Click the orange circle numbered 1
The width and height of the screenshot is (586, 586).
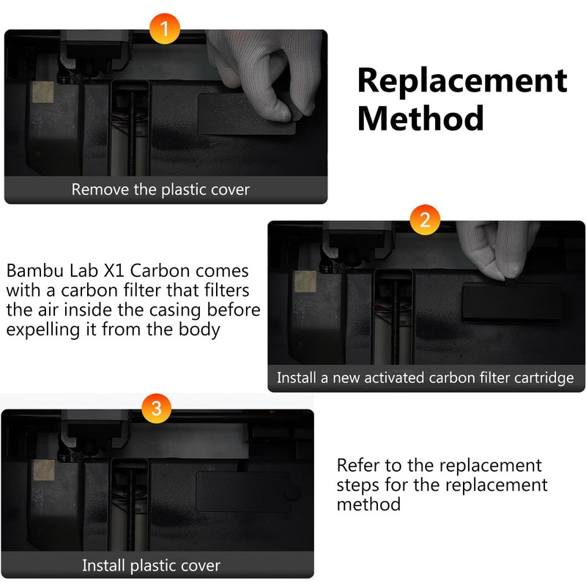click(x=164, y=29)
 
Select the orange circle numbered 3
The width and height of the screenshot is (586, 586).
click(x=155, y=408)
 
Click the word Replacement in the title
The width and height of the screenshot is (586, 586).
click(x=462, y=80)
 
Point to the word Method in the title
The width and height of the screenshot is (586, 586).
click(x=420, y=117)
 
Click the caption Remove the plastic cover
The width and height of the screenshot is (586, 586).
click(x=160, y=190)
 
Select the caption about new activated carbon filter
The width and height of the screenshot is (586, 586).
click(x=425, y=378)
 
